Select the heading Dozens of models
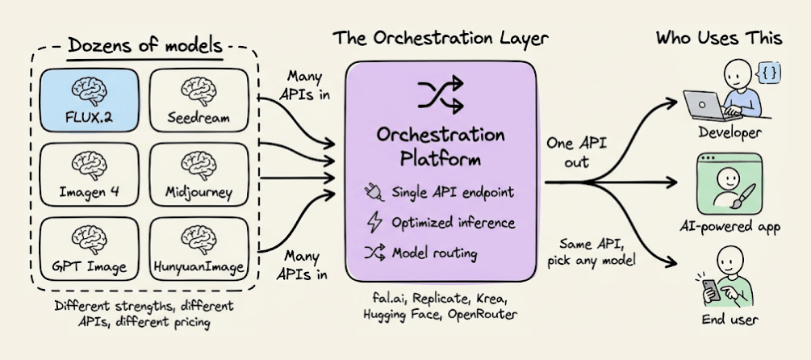click(145, 45)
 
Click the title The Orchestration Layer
click(442, 37)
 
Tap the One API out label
click(577, 153)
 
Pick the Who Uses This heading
click(718, 37)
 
